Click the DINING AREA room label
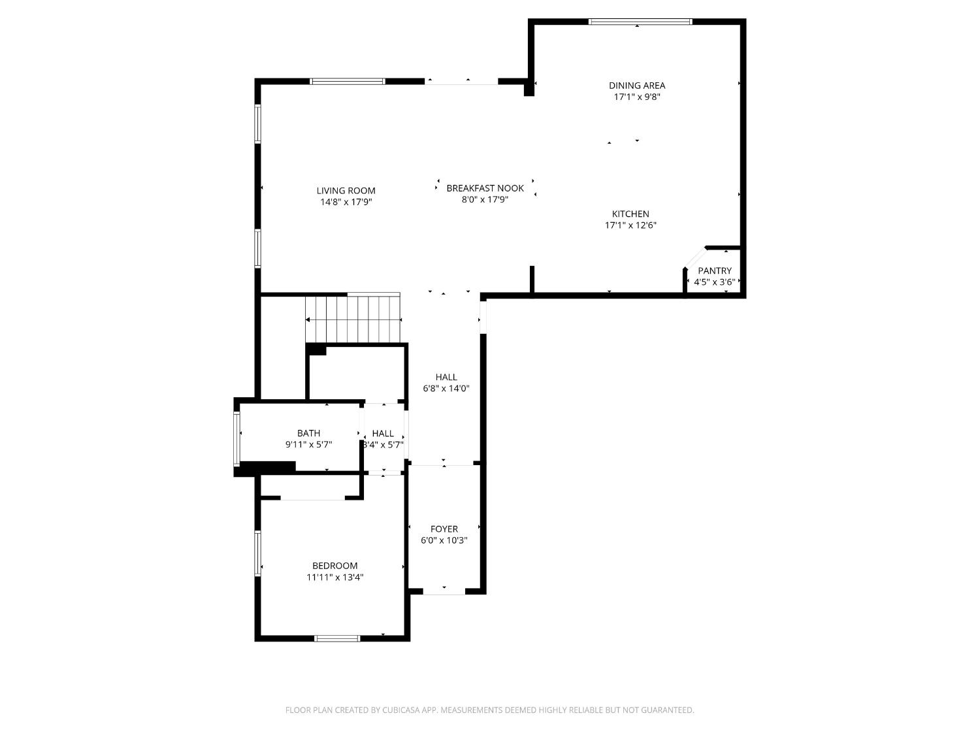[x=636, y=85]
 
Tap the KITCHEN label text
[x=630, y=214]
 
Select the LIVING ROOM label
[x=346, y=191]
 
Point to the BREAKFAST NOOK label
[x=485, y=188]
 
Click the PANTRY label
[x=714, y=270]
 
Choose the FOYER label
[x=444, y=529]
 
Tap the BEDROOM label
[x=335, y=566]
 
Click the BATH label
[x=308, y=433]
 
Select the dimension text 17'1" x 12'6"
[x=630, y=225]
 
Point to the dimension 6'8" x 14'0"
[x=446, y=388]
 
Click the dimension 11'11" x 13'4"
[x=335, y=577]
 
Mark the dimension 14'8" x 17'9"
[x=346, y=202]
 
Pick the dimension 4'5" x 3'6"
[x=714, y=282]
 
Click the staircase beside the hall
[x=353, y=319]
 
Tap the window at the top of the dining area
[x=640, y=22]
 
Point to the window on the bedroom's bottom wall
[x=337, y=638]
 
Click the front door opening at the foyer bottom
[x=444, y=591]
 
